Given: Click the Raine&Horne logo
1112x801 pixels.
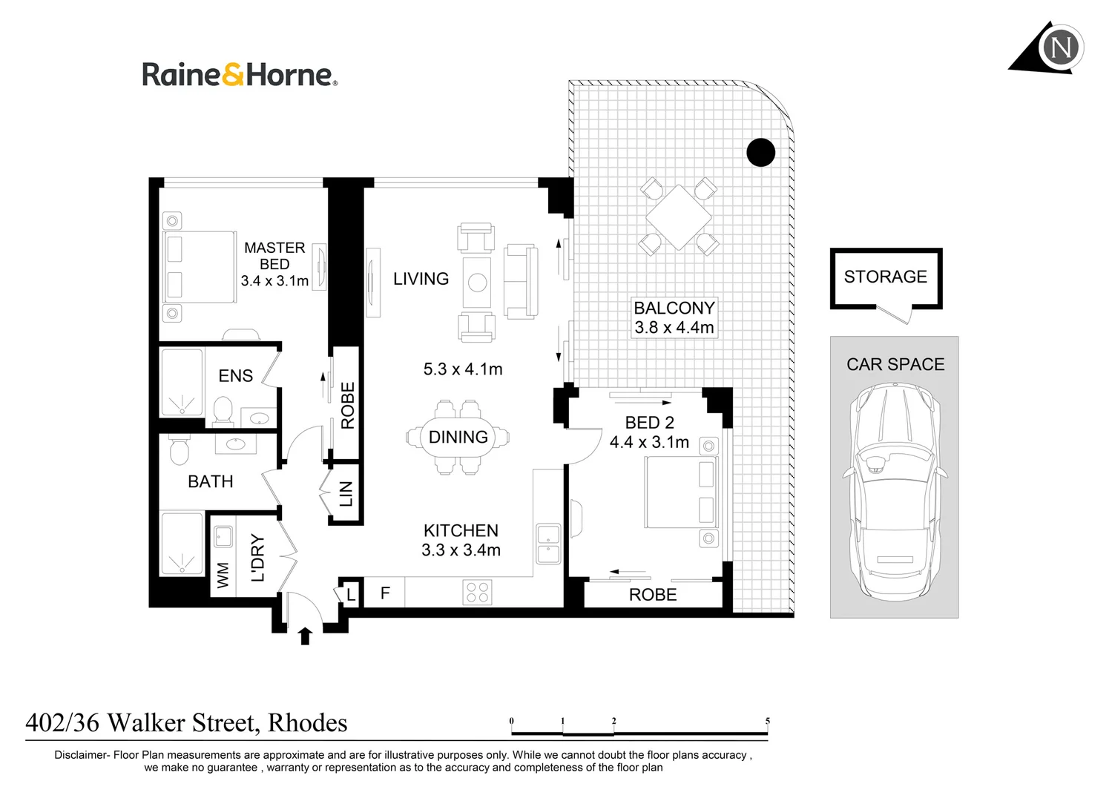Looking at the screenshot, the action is [x=240, y=74].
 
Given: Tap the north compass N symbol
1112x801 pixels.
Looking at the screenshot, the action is [x=1061, y=48].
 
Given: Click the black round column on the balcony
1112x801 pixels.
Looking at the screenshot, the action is [x=760, y=152].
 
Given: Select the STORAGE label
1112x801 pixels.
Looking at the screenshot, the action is [x=886, y=277].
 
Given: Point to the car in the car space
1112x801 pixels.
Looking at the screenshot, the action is [x=895, y=492].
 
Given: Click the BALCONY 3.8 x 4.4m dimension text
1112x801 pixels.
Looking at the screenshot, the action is [x=674, y=317].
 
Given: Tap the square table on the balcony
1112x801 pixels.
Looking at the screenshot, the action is [x=679, y=217].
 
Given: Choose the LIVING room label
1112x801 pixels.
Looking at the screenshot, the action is [x=421, y=279].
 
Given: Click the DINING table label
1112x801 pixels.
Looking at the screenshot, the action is [x=458, y=438].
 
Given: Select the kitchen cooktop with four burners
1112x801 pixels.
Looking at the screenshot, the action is [x=477, y=593].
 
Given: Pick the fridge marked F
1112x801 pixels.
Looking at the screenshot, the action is [x=385, y=593].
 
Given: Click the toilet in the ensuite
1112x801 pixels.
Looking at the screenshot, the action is [x=223, y=412].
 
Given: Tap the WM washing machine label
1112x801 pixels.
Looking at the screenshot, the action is [x=223, y=575].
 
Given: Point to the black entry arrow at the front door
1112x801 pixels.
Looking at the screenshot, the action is [x=306, y=636].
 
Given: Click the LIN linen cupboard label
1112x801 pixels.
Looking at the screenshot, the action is [x=346, y=493].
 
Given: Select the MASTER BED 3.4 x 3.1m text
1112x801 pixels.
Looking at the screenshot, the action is [x=274, y=264].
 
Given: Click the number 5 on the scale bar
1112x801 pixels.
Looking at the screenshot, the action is [x=768, y=721].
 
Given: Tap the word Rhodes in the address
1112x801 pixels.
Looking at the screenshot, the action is [x=307, y=723].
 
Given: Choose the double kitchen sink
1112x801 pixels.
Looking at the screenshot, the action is [x=548, y=544].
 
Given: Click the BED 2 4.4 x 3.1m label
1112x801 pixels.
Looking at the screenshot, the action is [x=649, y=432].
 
